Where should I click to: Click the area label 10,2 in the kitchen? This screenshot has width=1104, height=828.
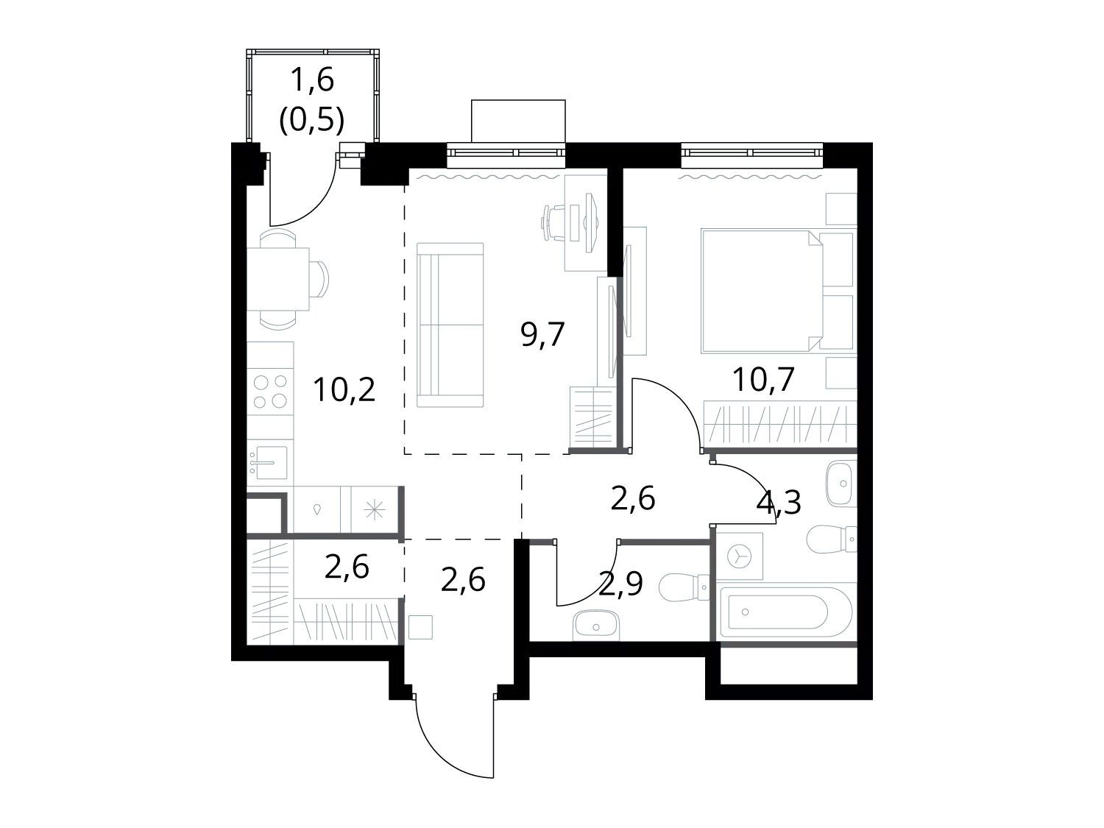344,390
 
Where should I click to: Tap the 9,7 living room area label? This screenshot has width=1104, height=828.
542,335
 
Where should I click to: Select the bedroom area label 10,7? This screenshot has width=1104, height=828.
763,380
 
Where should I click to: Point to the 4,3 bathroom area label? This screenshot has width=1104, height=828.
779,503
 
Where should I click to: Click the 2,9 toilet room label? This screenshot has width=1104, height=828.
620,584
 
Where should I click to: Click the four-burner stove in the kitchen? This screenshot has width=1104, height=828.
270,391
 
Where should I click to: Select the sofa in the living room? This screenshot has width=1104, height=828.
450,325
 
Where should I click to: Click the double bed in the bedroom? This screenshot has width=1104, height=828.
777,291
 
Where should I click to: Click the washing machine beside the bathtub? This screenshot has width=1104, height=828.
739,556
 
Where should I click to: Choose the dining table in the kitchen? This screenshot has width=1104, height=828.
278,280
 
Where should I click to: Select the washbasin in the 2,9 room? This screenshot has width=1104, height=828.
595,626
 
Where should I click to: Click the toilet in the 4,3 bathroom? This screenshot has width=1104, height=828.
832,539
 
